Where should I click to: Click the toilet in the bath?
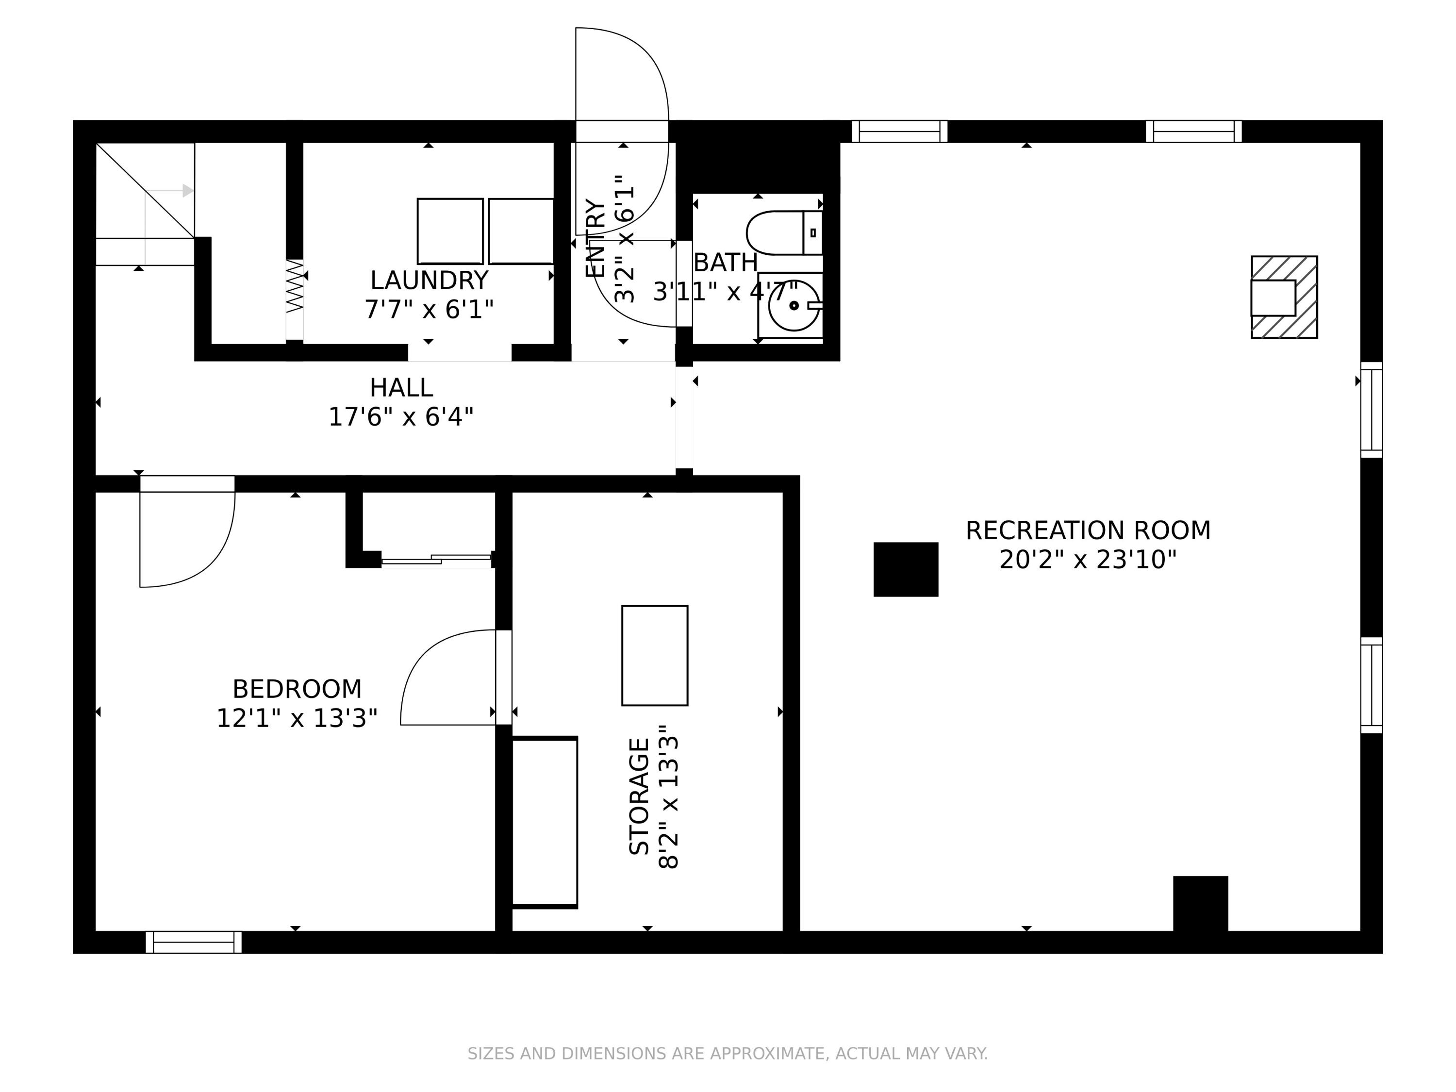click(x=784, y=233)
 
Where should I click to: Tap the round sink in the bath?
click(x=793, y=305)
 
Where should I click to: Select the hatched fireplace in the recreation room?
click(x=1284, y=297)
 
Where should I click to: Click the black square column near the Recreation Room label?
click(x=906, y=569)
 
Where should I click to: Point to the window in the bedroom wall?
click(x=194, y=942)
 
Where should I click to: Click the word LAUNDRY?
click(x=429, y=281)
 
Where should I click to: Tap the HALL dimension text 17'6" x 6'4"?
click(x=401, y=416)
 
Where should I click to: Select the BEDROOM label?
click(x=297, y=689)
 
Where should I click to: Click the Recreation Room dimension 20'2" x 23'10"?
click(x=1088, y=560)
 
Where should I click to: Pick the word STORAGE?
click(x=639, y=796)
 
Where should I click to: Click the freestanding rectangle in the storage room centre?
click(x=655, y=656)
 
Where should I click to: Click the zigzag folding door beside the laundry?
click(x=294, y=286)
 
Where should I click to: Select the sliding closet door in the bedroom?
click(x=436, y=560)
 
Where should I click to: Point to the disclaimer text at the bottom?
click(x=728, y=1054)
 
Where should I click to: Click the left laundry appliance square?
click(x=450, y=231)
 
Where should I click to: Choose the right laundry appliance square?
click(x=521, y=231)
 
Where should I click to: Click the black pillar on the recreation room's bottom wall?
click(x=1201, y=904)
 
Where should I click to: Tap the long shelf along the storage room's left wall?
click(x=545, y=822)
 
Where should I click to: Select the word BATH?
click(x=726, y=263)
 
